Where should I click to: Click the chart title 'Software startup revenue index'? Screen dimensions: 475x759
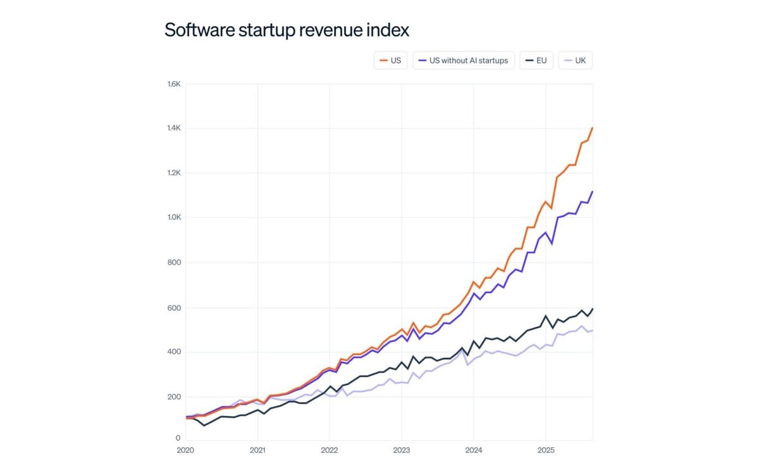coord(287,30)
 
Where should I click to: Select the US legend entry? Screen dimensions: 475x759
coord(390,61)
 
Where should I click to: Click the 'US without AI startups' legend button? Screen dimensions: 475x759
coord(464,61)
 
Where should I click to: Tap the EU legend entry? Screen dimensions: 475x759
coord(536,61)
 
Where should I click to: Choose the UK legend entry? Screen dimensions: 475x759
coord(575,61)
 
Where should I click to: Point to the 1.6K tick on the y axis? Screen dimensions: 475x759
coord(173,84)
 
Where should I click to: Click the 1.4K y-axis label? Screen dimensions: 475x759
coord(173,128)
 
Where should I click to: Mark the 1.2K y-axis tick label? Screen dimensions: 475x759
coord(173,173)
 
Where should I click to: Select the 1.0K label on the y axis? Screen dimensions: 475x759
coord(173,217)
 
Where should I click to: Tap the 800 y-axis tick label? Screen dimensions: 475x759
coord(175,262)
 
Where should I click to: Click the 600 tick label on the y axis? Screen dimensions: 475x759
coord(175,308)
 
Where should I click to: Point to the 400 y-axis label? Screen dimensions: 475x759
coord(175,351)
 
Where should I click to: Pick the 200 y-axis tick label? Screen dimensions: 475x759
coord(175,396)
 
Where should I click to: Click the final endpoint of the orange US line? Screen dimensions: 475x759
coord(593,127)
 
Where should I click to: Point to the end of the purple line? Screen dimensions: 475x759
coord(593,191)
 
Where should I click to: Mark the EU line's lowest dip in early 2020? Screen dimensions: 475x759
coord(204,425)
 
